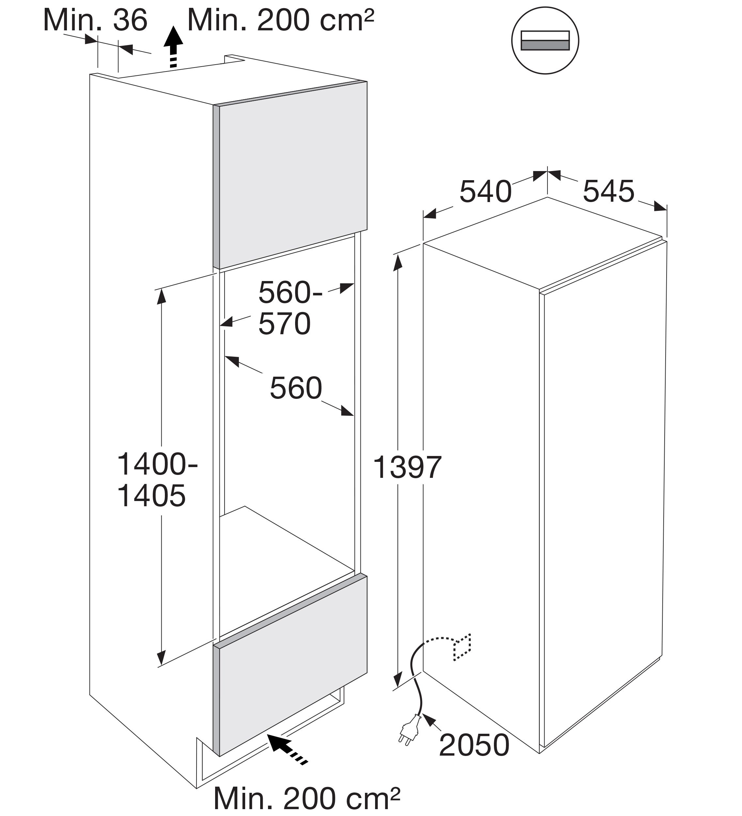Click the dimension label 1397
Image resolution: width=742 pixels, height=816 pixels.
[407, 467]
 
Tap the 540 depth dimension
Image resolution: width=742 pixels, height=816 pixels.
[485, 192]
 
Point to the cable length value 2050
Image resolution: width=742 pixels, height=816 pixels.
[474, 745]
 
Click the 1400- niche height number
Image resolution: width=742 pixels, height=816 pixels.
[157, 464]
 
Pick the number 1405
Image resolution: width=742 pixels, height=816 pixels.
[151, 496]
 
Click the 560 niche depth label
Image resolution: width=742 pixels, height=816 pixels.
[296, 388]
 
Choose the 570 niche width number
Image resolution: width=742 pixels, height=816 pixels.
[285, 324]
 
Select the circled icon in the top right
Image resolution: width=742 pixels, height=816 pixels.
[545, 40]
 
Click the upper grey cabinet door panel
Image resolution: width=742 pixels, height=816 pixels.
[290, 175]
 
